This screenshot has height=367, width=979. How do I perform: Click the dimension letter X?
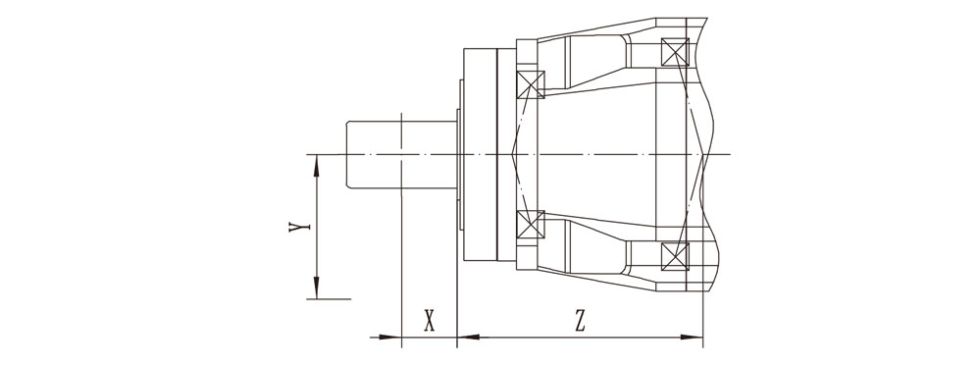(429, 322)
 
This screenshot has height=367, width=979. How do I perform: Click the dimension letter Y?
(300, 226)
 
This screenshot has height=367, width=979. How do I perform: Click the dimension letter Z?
(580, 322)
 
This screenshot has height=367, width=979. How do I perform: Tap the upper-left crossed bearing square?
(531, 85)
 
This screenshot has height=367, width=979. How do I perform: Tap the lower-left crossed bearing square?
(531, 224)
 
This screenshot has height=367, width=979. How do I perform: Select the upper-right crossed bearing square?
(675, 52)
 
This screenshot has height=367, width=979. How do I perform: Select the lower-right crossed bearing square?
(675, 256)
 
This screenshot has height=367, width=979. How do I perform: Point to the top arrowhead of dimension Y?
(317, 165)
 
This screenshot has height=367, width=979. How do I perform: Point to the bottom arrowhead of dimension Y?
(317, 288)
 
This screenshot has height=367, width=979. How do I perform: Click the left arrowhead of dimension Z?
(468, 337)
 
